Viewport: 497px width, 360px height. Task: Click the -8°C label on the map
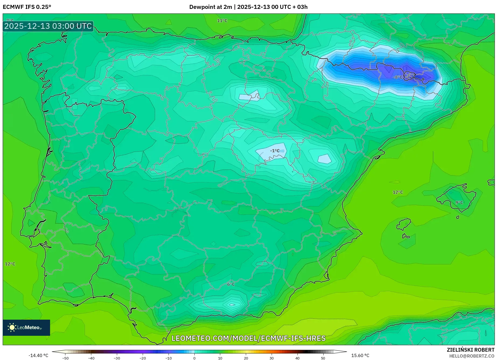398,77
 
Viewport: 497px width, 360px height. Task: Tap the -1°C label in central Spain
275,151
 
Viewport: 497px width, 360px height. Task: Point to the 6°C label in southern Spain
231,284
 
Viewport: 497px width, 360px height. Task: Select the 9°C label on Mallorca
459,202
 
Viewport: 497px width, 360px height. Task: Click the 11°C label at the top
222,20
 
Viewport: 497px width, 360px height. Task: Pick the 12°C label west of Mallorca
398,192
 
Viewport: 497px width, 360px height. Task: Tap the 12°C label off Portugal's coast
10,264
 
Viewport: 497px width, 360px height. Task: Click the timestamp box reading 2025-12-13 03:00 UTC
48,26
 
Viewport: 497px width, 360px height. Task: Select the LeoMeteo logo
26,327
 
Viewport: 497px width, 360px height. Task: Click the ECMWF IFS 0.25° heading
27,7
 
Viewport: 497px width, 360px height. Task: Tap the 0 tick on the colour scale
194,358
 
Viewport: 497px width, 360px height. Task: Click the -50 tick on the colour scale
65,358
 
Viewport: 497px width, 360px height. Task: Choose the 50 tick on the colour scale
323,358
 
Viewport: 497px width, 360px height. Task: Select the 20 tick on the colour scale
246,358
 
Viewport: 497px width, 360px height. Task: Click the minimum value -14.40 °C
38,355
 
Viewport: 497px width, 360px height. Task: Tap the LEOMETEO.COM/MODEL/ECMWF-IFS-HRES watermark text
248,338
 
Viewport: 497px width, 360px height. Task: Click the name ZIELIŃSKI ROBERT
471,350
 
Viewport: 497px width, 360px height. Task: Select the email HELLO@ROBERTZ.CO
472,356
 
